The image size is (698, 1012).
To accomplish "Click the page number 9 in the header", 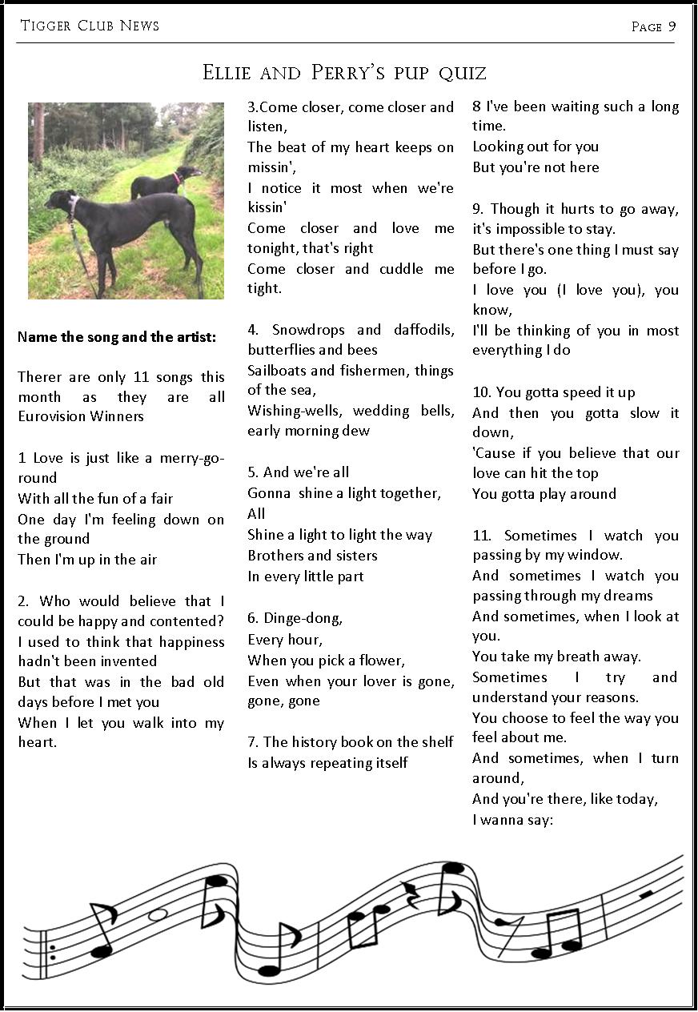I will pos(672,26).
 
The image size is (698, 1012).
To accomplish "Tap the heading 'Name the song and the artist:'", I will pos(117,337).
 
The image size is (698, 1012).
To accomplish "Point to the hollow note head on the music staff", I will pos(158,914).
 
